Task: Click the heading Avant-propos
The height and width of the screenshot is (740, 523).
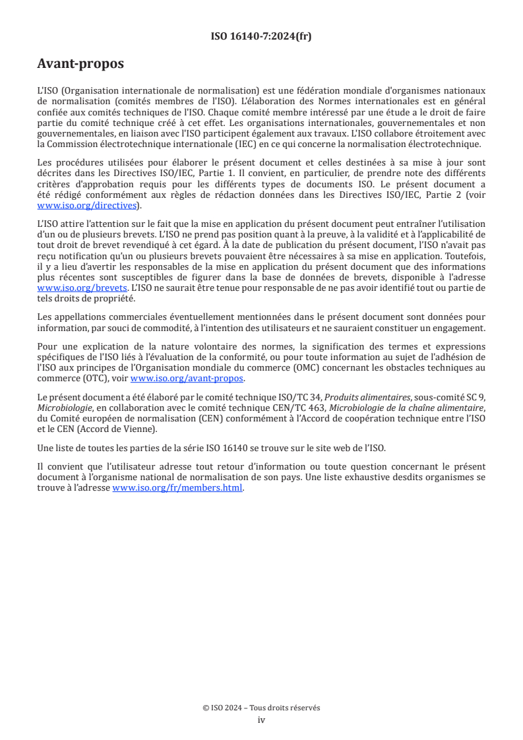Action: click(x=80, y=64)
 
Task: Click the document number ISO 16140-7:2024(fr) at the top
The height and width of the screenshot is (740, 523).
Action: click(x=261, y=36)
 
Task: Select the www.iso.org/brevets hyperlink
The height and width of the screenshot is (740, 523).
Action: click(x=82, y=288)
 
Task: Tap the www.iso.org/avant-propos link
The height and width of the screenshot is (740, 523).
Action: click(x=187, y=378)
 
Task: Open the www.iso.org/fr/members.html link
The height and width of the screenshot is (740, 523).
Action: click(x=178, y=488)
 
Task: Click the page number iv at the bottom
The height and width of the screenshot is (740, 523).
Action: click(x=261, y=720)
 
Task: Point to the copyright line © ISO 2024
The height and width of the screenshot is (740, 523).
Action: click(x=261, y=708)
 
